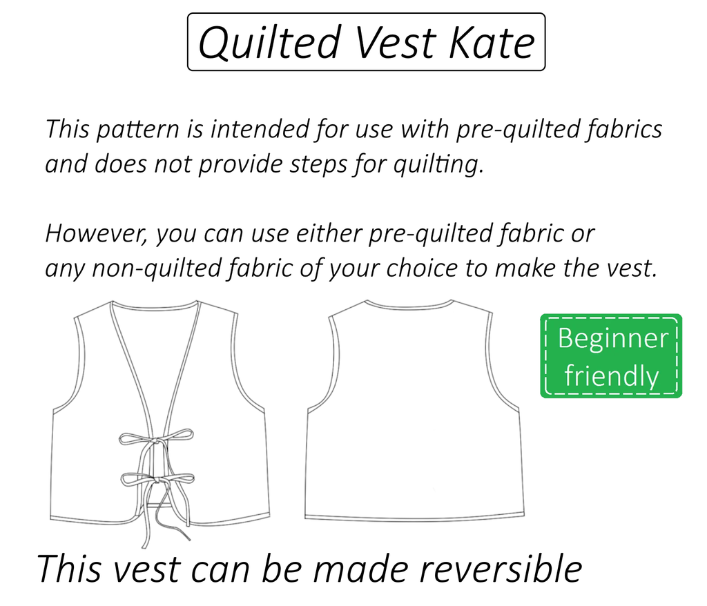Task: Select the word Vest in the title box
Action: point(395,42)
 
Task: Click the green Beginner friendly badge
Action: point(611,356)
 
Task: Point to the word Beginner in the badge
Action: point(612,339)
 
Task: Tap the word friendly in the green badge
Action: point(611,376)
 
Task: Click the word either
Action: point(332,233)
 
